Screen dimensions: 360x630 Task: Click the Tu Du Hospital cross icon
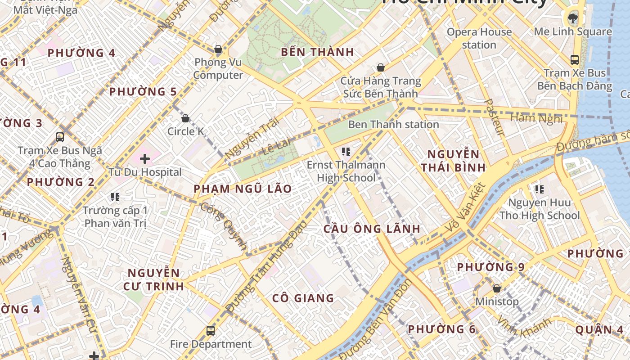click(145, 158)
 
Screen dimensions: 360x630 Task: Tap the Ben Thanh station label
click(393, 124)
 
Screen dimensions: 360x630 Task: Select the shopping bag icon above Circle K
click(185, 118)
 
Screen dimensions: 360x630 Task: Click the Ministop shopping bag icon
click(497, 288)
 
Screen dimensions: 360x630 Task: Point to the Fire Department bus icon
click(210, 331)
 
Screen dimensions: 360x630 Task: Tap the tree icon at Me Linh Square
click(573, 18)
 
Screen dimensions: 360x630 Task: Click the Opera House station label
click(479, 38)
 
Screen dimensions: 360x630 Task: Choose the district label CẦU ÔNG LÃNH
click(372, 229)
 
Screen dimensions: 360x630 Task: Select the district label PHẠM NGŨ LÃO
click(243, 189)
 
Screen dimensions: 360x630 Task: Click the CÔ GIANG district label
click(303, 298)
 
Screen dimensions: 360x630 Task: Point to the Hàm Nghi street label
click(536, 118)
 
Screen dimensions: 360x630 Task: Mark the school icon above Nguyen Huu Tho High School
click(539, 189)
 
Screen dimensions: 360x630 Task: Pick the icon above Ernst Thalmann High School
click(346, 151)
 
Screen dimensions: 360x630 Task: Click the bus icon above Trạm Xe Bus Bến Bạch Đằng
click(574, 59)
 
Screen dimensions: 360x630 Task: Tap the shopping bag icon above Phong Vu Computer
click(218, 49)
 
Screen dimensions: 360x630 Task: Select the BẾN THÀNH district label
click(317, 52)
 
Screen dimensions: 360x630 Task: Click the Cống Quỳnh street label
click(224, 226)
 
